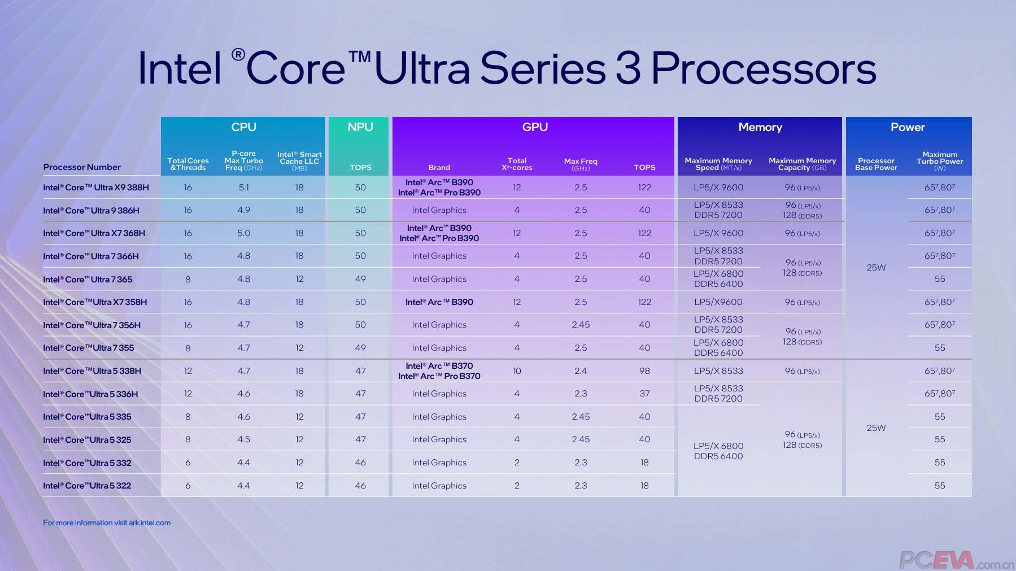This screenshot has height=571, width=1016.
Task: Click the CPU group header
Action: pos(243,127)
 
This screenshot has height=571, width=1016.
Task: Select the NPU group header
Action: pos(360,127)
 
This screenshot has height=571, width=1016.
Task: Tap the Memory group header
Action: pos(760,127)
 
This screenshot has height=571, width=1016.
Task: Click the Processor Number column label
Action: pos(82,167)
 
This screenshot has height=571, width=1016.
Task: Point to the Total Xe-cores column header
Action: pos(517,164)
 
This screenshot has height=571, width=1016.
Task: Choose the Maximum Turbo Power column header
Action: pos(939,161)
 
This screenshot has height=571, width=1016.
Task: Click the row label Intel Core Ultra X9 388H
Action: pos(96,188)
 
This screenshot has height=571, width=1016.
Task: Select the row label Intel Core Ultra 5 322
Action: pos(87,486)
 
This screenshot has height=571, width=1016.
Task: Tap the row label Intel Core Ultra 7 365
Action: pos(88,279)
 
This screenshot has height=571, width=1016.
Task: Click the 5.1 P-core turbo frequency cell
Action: pos(243,188)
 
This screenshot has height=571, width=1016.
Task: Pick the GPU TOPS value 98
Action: pos(644,371)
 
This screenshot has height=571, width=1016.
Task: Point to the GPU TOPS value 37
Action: pos(644,394)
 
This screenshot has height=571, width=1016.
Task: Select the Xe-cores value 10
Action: pos(517,371)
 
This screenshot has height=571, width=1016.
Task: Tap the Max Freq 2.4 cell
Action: pos(581,371)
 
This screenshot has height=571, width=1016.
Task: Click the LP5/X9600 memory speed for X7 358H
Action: pos(718,302)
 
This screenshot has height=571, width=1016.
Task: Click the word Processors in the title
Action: pos(764,69)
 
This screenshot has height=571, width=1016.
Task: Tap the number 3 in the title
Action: pos(627,69)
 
